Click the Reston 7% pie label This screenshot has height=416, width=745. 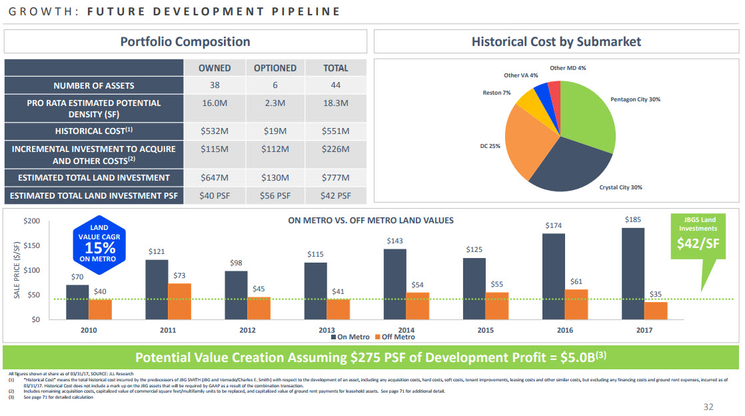tap(496, 93)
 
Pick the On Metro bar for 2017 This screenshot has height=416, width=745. tap(633, 273)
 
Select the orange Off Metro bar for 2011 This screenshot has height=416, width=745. tap(180, 301)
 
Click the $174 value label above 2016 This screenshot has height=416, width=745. tap(554, 226)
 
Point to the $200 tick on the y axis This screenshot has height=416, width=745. tap(32, 221)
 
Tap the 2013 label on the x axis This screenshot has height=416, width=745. tap(327, 330)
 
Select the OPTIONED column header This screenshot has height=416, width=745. tap(275, 68)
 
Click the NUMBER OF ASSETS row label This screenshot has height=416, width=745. tap(94, 85)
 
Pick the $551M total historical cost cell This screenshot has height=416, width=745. tap(336, 131)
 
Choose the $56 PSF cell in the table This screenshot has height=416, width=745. tap(275, 196)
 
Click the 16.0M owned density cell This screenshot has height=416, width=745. tap(215, 103)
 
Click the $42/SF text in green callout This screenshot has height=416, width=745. tap(698, 243)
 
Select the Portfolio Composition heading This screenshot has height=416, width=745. tap(185, 42)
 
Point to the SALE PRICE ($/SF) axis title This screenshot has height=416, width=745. tap(16, 270)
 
